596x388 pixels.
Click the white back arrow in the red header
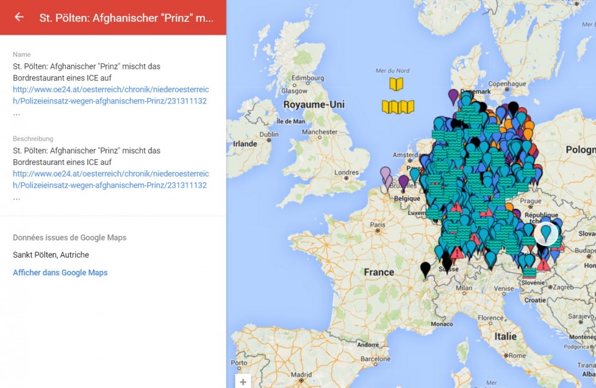point(19,17)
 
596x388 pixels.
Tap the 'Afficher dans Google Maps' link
point(60,273)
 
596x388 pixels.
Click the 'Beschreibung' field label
point(33,139)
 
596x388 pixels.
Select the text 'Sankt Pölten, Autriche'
point(51,255)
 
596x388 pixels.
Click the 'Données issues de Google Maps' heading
point(70,237)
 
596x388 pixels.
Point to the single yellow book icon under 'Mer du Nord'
point(396,84)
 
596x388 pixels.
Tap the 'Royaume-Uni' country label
point(314,105)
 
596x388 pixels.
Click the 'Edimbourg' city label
point(309,77)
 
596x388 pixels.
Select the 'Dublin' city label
point(269,134)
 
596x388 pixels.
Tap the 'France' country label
point(379,272)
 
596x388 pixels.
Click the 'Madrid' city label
point(300,374)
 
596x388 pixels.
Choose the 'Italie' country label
point(505,337)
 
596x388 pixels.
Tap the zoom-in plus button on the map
point(243,382)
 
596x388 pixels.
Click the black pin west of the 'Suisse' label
point(425,269)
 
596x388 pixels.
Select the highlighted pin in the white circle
point(546,233)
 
